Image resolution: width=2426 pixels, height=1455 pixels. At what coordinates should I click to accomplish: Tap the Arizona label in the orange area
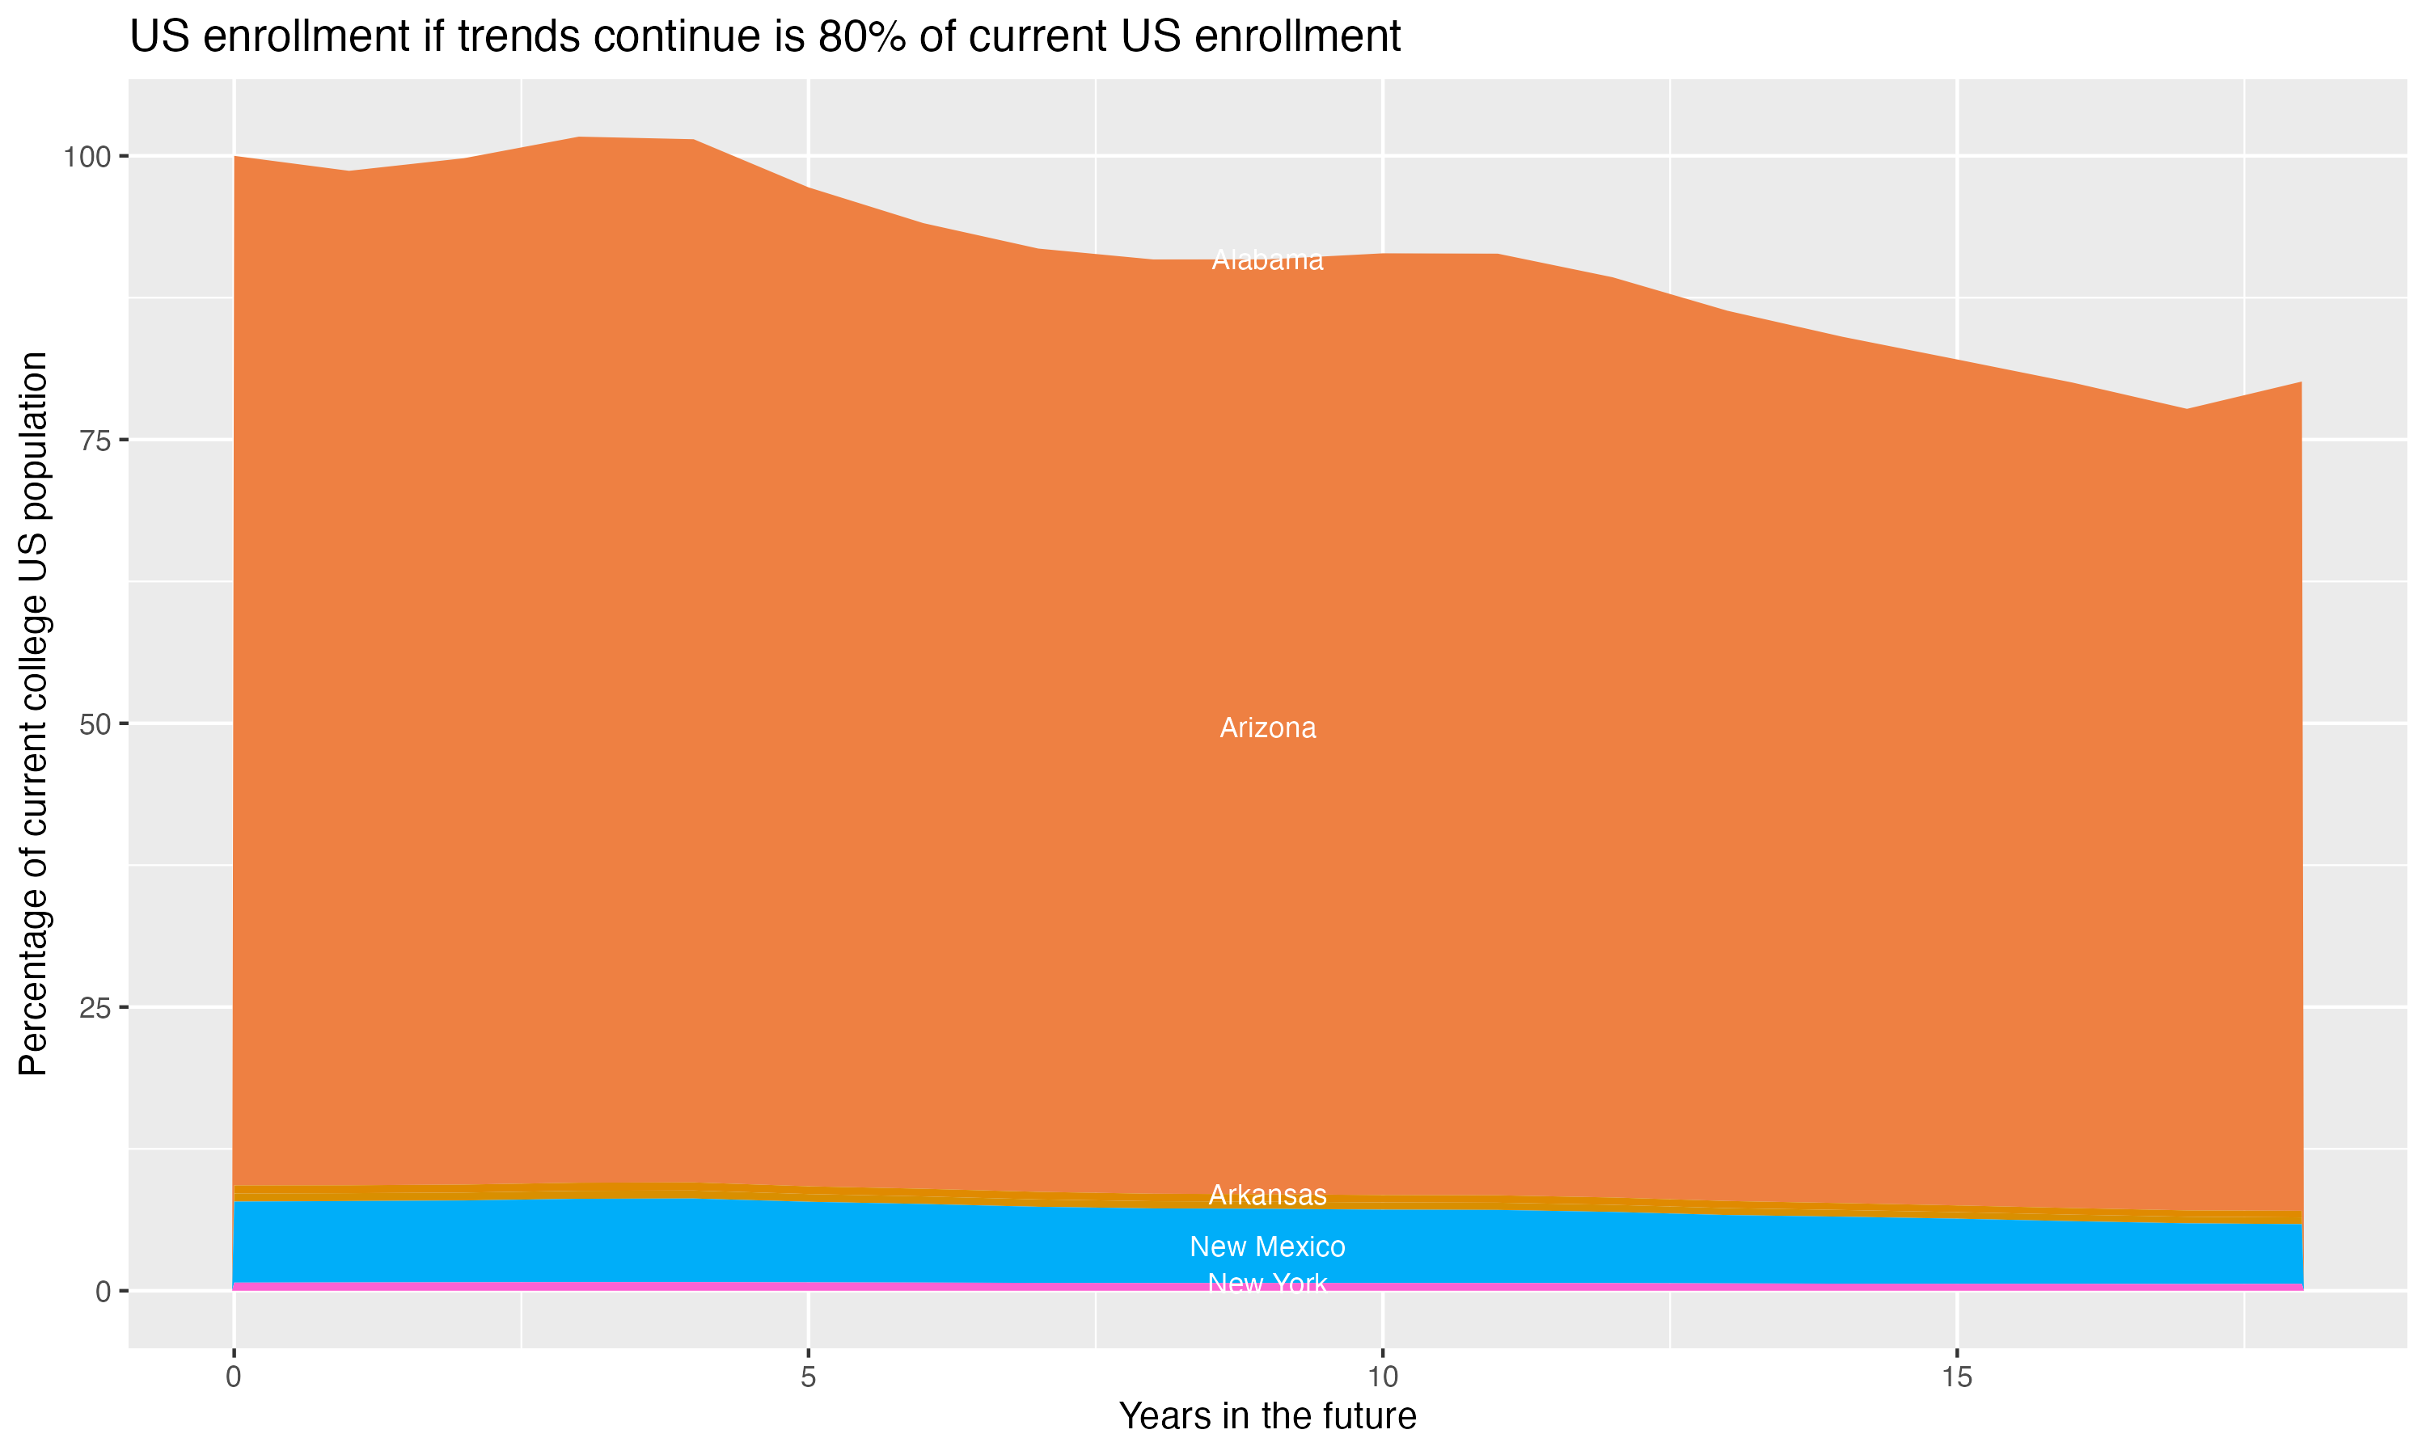[x=1267, y=727]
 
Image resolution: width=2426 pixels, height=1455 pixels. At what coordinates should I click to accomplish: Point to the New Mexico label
[x=1267, y=1246]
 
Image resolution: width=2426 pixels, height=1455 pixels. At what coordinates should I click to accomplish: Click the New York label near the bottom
[x=1267, y=1283]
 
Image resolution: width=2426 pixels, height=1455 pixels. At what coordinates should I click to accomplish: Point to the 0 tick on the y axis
[x=102, y=1291]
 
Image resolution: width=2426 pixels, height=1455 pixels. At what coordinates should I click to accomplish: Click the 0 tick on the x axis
[x=234, y=1377]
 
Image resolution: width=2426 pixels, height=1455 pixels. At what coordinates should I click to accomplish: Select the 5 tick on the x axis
[x=808, y=1377]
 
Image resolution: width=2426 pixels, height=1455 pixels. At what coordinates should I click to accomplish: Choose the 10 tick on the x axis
[x=1383, y=1377]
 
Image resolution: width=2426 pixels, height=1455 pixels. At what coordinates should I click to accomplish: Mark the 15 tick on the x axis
[x=1956, y=1377]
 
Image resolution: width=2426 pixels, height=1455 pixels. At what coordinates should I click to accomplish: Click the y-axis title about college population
[x=33, y=713]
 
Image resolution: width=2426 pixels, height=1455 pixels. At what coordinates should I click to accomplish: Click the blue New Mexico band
[x=687, y=1240]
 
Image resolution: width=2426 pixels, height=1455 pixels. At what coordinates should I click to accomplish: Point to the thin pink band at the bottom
[x=687, y=1285]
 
